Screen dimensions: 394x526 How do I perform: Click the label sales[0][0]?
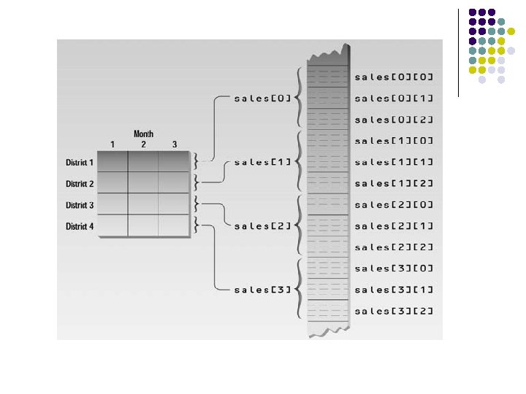(x=394, y=77)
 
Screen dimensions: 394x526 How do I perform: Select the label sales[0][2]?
(x=394, y=119)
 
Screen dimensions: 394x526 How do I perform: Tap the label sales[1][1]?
(x=394, y=162)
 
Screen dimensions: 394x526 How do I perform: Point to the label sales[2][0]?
(x=394, y=204)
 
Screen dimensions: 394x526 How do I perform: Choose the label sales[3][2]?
(x=394, y=312)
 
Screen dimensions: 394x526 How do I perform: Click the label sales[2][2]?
(x=394, y=247)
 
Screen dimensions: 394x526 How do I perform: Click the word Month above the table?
(x=143, y=134)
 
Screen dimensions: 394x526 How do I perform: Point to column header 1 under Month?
(x=113, y=144)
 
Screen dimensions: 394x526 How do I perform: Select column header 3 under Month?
(x=174, y=144)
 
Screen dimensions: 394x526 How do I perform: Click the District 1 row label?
(x=80, y=163)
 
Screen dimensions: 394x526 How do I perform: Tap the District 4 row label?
(x=80, y=227)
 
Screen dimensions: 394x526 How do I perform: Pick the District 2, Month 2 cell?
(x=143, y=183)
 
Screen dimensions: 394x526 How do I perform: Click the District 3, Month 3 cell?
(x=174, y=204)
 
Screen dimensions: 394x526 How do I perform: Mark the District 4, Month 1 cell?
(x=113, y=226)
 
